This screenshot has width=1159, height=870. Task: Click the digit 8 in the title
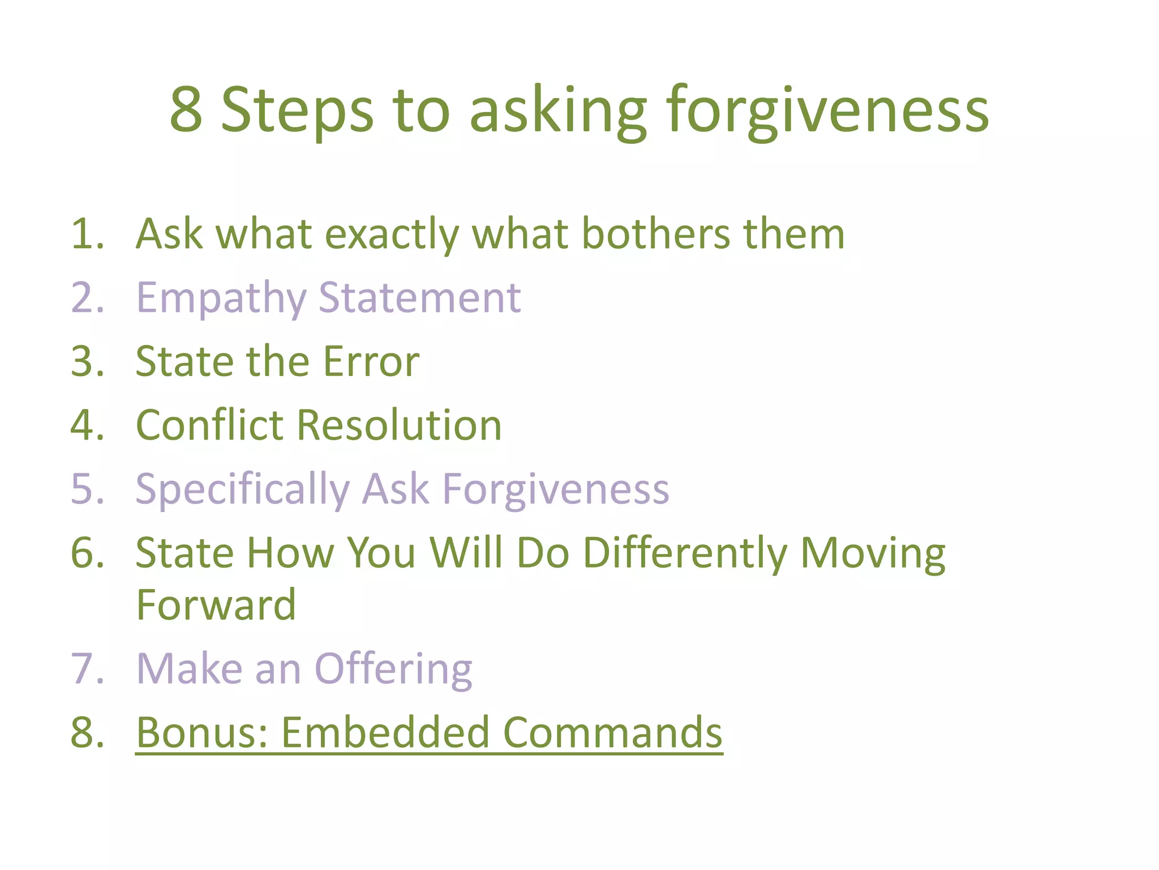[x=186, y=109]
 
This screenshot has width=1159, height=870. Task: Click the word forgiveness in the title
[x=827, y=110]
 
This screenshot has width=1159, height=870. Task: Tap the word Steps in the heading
[x=297, y=110]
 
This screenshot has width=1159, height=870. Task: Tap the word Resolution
[x=399, y=425]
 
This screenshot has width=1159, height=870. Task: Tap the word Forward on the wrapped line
[x=216, y=605]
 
